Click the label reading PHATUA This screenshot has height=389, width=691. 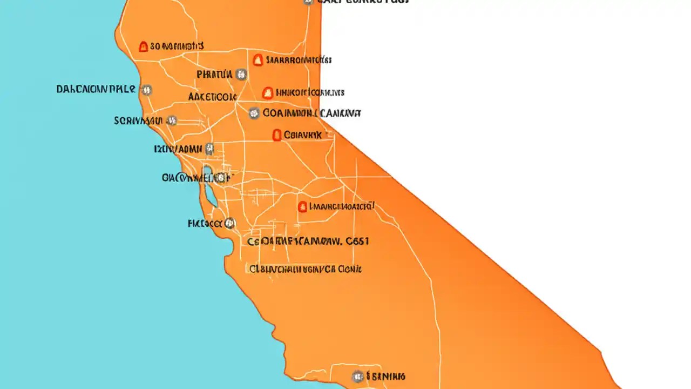(214, 75)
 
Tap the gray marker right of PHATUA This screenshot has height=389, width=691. (241, 75)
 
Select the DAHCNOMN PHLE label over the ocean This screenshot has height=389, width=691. (96, 89)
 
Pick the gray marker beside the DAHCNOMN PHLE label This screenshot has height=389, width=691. (146, 90)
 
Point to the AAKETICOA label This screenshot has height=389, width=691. (212, 97)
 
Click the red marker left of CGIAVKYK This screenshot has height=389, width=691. (277, 135)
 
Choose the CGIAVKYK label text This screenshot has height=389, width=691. (302, 135)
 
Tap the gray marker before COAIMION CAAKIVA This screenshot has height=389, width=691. (254, 113)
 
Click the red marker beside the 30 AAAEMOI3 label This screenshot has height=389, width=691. (143, 47)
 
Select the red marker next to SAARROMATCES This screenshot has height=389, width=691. (258, 60)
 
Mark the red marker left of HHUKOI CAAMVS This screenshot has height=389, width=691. (267, 93)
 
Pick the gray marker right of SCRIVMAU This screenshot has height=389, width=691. (172, 120)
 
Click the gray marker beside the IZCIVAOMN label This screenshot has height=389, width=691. (209, 148)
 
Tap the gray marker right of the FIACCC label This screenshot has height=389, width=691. (231, 223)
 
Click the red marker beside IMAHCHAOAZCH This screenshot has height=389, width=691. (302, 206)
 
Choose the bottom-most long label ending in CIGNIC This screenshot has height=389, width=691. (306, 269)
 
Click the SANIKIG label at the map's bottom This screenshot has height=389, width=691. (386, 376)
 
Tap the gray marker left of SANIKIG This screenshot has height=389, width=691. (357, 376)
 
